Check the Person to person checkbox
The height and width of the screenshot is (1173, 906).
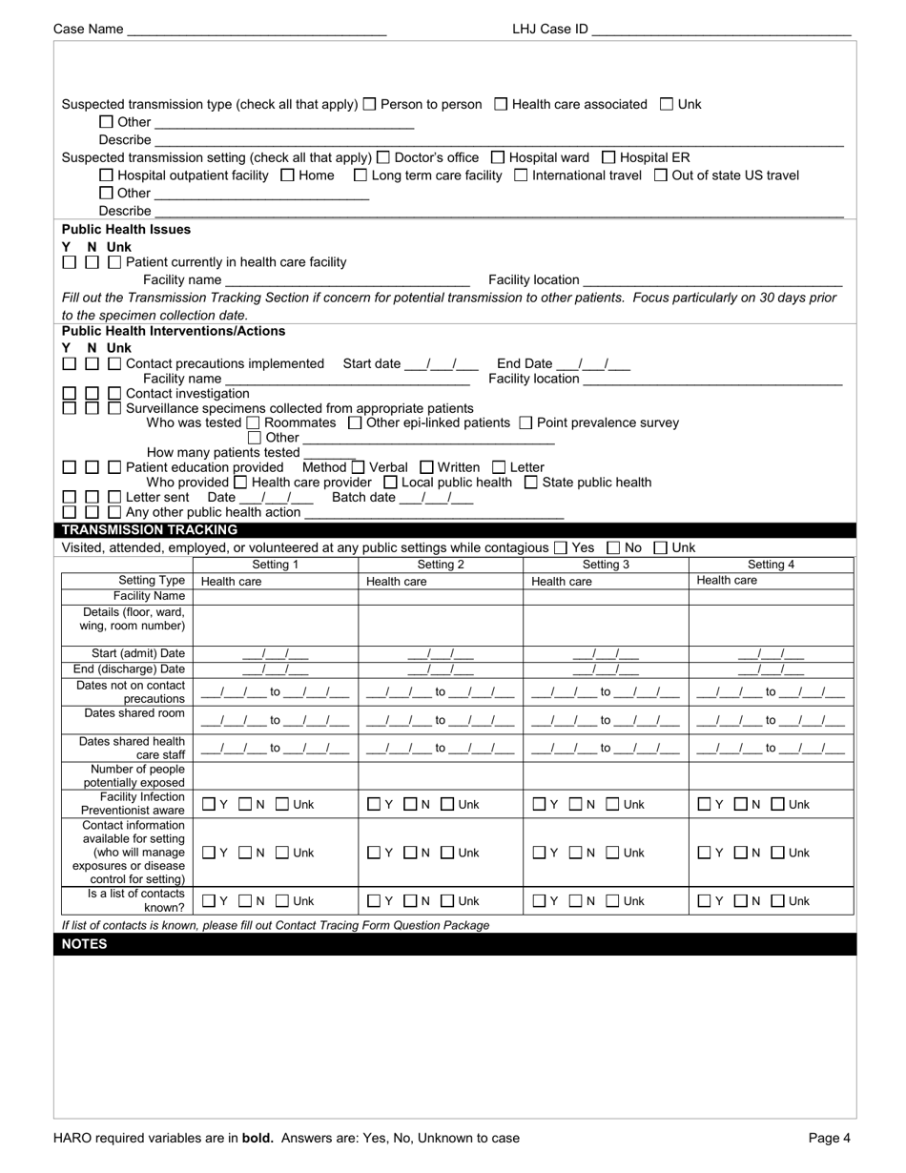tap(370, 104)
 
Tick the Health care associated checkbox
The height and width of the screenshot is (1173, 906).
tap(501, 104)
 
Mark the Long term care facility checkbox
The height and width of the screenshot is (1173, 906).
tap(360, 175)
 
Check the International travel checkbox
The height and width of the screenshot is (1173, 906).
tap(521, 175)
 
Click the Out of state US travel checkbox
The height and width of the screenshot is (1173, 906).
tap(661, 175)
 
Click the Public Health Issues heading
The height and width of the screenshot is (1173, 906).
tap(126, 230)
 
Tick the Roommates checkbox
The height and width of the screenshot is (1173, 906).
tap(253, 422)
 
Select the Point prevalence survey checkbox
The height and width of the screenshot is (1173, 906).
tap(525, 422)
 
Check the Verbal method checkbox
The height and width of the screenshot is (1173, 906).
tap(358, 467)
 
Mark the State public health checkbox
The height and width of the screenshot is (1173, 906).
tap(531, 483)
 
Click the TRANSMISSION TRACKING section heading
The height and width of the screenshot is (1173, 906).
tap(150, 530)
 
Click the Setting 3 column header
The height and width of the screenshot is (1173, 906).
tap(606, 565)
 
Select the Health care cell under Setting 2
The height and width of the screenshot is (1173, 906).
tap(397, 582)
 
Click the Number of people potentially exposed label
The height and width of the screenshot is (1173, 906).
tap(134, 775)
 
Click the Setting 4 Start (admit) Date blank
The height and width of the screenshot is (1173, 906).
tap(771, 654)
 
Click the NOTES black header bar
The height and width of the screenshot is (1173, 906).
tap(454, 944)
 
